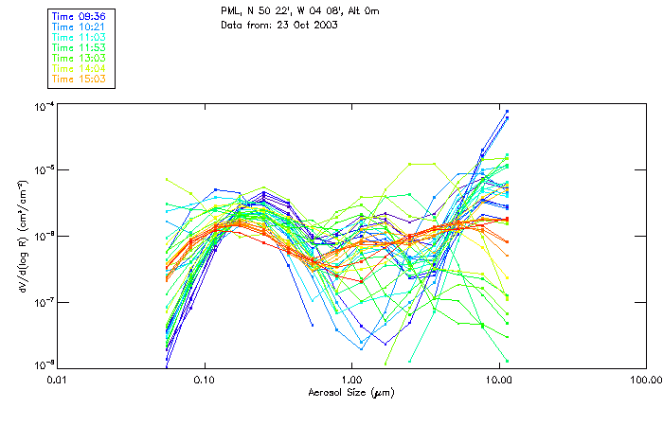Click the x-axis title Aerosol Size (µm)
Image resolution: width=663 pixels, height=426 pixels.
pyautogui.click(x=350, y=392)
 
